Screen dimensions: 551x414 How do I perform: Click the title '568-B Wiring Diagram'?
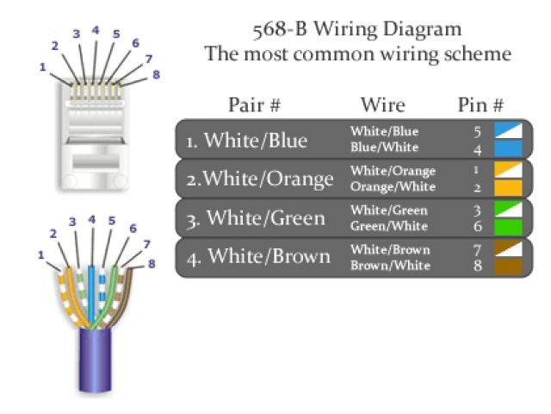pyautogui.click(x=356, y=28)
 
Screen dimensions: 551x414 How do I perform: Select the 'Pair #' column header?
pyautogui.click(x=255, y=105)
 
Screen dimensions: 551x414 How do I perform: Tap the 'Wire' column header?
pyautogui.click(x=383, y=105)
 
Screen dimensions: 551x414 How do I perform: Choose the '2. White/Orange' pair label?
pyautogui.click(x=261, y=179)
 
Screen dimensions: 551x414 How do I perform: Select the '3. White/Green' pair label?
pyautogui.click(x=256, y=218)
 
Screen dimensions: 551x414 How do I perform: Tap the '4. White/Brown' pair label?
pyautogui.click(x=257, y=257)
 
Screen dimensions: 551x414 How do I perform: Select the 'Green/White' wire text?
pyautogui.click(x=389, y=226)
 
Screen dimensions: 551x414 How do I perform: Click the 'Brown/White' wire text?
pyautogui.click(x=390, y=266)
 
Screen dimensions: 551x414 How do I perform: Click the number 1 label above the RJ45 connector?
pyautogui.click(x=42, y=66)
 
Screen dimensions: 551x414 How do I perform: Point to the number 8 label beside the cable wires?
pyautogui.click(x=152, y=263)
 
